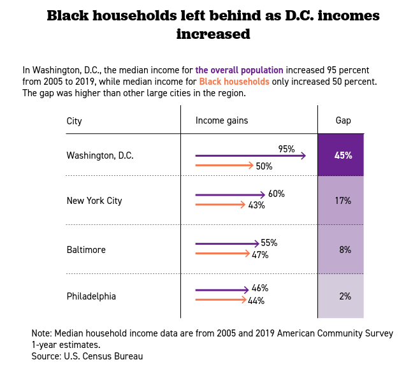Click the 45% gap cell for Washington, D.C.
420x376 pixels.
tap(341, 155)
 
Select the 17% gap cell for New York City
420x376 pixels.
tap(341, 200)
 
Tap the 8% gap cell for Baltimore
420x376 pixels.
tap(341, 250)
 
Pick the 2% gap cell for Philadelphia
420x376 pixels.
tap(341, 296)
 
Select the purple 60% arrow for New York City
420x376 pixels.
tap(230, 194)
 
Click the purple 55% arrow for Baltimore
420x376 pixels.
tap(227, 243)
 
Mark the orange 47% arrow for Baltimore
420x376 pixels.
tap(222, 254)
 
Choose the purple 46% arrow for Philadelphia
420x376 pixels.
tap(222, 290)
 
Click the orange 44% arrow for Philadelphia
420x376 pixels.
tap(221, 300)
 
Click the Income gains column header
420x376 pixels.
tap(222, 120)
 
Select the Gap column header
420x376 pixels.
tap(343, 120)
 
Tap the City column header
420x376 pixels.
tap(75, 121)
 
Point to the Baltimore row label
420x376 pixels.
tap(86, 250)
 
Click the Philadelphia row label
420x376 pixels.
tap(91, 296)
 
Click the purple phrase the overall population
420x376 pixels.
tap(239, 69)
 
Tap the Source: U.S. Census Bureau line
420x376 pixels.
tap(87, 356)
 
